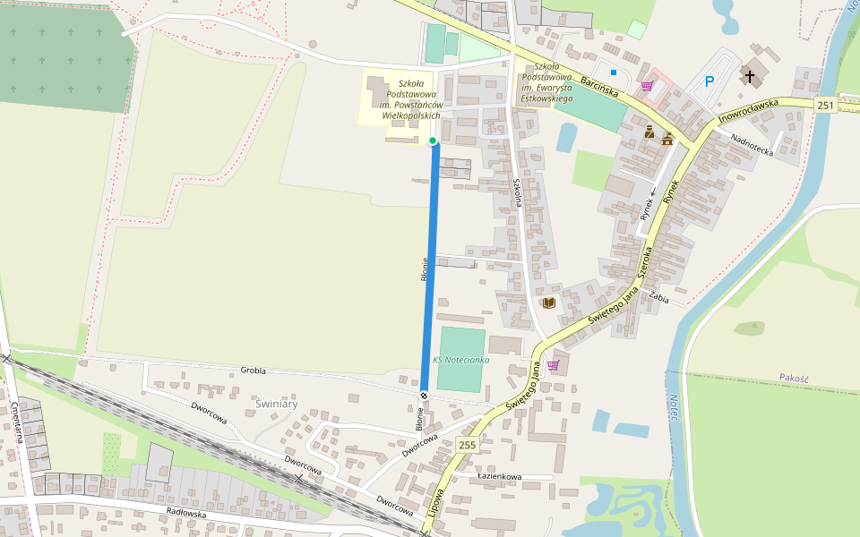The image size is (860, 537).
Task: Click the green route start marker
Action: coord(433,141)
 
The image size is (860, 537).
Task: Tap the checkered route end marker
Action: coord(424,395)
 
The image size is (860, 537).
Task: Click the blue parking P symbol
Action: coord(709,82)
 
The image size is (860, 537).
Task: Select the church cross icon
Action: coord(749,76)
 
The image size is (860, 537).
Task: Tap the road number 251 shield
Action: coord(826,106)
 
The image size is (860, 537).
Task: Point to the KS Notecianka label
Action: coord(460,359)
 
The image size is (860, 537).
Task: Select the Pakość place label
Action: coord(794,378)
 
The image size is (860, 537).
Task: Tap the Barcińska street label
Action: coord(599,86)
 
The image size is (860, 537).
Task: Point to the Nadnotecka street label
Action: coord(752,145)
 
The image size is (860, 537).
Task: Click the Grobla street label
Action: coord(254,370)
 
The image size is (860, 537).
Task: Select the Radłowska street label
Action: coord(186,514)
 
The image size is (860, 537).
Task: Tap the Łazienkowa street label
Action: coord(499,476)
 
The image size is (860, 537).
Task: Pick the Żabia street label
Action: coord(660,299)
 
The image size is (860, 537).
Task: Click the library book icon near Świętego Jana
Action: coord(548,303)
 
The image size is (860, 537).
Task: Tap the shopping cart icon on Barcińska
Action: coord(646,86)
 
